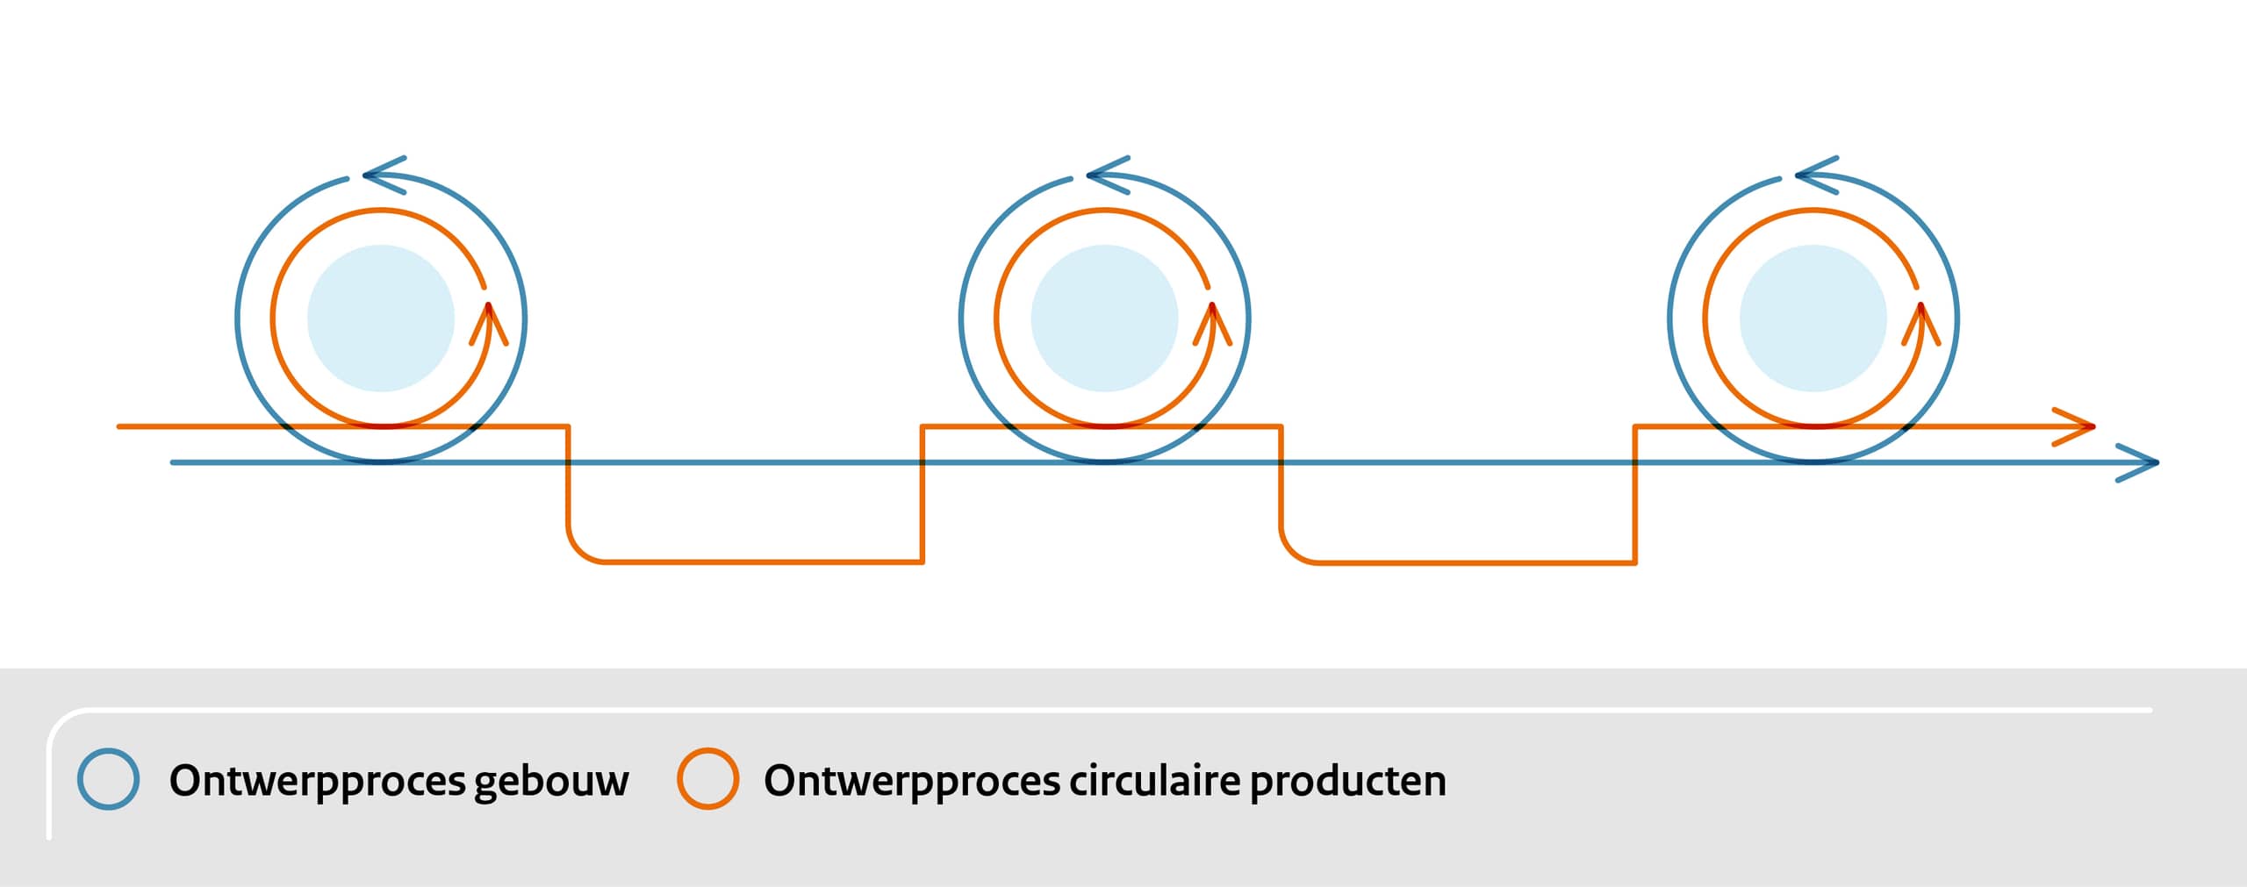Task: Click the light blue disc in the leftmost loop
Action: coord(381,318)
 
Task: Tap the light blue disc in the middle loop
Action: coord(1104,318)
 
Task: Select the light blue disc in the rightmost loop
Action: coord(1813,318)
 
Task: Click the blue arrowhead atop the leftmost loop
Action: coord(384,175)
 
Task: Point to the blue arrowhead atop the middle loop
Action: coord(1108,175)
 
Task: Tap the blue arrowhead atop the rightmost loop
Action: coord(1817,175)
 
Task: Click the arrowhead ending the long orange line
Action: coord(2074,426)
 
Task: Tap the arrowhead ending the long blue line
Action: coord(2137,462)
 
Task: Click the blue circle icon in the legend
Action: coord(108,779)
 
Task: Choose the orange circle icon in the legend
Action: coord(707,779)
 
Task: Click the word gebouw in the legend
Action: coord(551,782)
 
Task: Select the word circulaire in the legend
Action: coord(1154,780)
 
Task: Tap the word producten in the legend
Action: coord(1348,782)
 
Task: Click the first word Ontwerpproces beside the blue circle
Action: coord(317,782)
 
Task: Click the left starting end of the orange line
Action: coord(118,426)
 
